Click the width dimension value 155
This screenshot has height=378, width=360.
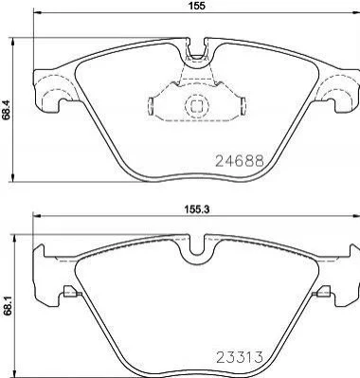click(x=197, y=6)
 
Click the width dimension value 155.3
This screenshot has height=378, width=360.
click(x=198, y=208)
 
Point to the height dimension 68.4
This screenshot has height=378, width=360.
click(x=6, y=110)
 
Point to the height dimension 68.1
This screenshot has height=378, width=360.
click(x=6, y=306)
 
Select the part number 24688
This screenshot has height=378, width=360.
click(x=239, y=161)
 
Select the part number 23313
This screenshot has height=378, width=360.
click(x=239, y=357)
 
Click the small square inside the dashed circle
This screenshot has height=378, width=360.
click(x=197, y=105)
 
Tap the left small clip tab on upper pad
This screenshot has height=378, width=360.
click(x=151, y=106)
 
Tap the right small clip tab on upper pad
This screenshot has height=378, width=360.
click(x=243, y=106)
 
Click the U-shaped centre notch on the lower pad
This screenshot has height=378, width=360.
click(x=197, y=249)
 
